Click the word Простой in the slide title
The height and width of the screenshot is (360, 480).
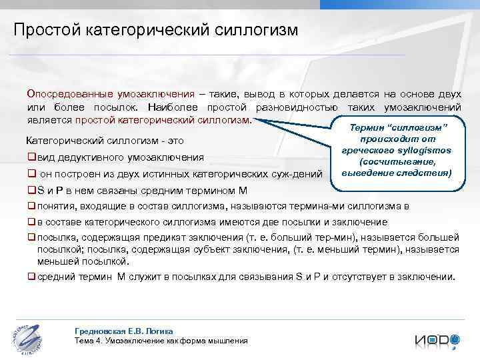pos(47,30)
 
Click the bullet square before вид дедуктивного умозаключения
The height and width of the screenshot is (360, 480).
pos(31,158)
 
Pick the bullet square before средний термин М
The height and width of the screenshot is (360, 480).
pos(31,277)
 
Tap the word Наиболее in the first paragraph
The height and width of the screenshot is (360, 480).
pos(171,107)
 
